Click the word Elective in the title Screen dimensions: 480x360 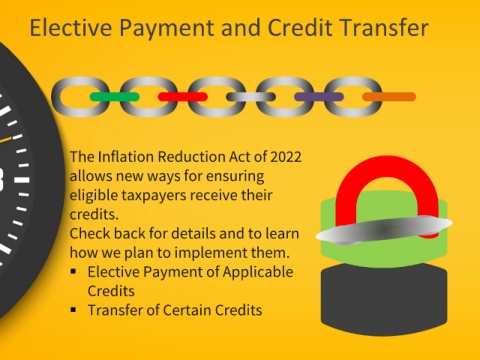tap(71, 27)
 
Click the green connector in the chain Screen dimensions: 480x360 tap(115, 97)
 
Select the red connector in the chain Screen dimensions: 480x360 tap(183, 97)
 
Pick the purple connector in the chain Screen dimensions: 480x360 tap(319, 97)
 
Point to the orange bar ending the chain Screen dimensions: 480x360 tap(389, 97)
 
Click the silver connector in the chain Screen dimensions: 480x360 tap(251, 97)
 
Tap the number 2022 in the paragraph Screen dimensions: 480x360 tap(286, 157)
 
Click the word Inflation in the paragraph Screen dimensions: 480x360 tap(125, 157)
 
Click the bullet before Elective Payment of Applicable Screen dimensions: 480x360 tap(74, 271)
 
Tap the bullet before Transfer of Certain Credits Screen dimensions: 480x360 tap(74, 310)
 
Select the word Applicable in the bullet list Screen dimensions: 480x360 tap(258, 272)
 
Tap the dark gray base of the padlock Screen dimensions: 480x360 tap(384, 299)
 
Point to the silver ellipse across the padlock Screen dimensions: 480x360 tap(384, 230)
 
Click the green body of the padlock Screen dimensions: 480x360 tap(384, 254)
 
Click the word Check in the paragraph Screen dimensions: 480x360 tap(90, 233)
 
